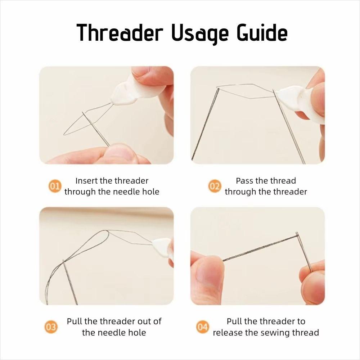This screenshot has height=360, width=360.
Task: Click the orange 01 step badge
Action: click(x=54, y=186)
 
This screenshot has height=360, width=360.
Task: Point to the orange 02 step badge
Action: click(x=215, y=186)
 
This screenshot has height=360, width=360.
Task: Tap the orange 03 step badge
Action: click(x=51, y=327)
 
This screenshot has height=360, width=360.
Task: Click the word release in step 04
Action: click(x=228, y=332)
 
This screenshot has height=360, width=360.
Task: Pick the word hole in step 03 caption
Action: click(x=137, y=332)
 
